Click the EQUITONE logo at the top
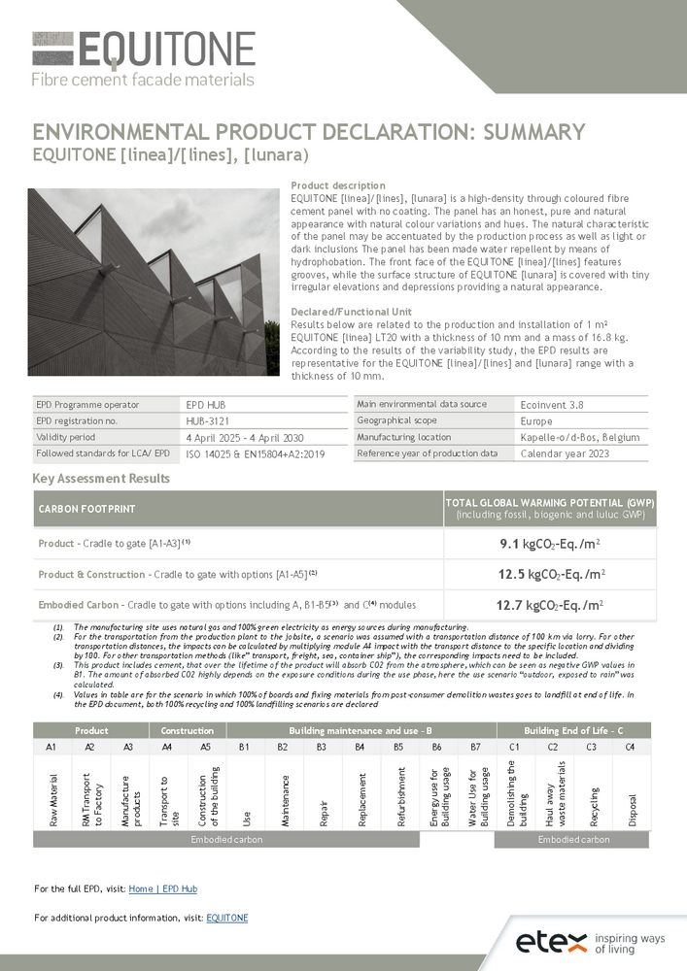pos(144,58)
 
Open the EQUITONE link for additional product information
pos(227,918)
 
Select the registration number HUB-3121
pos(207,421)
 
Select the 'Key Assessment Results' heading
pos(101,478)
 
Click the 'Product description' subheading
pos(338,185)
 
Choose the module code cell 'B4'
pos(360,747)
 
